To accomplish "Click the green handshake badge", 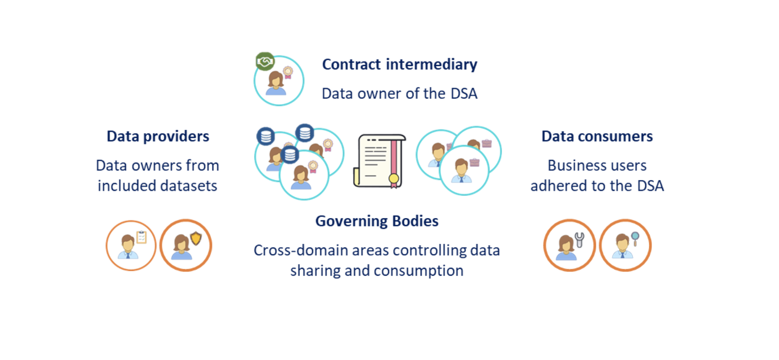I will [x=265, y=62].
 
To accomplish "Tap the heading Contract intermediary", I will [x=400, y=65].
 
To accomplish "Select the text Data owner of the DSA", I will [x=400, y=93].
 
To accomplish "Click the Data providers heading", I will [x=158, y=136].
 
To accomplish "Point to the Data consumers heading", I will [x=597, y=136].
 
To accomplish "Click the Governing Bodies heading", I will [x=377, y=221].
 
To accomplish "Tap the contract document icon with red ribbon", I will [x=379, y=161].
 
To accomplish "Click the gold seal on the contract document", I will [x=394, y=178].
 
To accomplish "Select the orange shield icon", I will [x=196, y=239].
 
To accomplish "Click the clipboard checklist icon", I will [x=141, y=237].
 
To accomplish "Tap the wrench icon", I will [x=579, y=239].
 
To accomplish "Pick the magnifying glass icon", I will [x=635, y=238].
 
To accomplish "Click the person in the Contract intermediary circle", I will [x=276, y=84].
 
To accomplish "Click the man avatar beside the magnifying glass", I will [x=623, y=247].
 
